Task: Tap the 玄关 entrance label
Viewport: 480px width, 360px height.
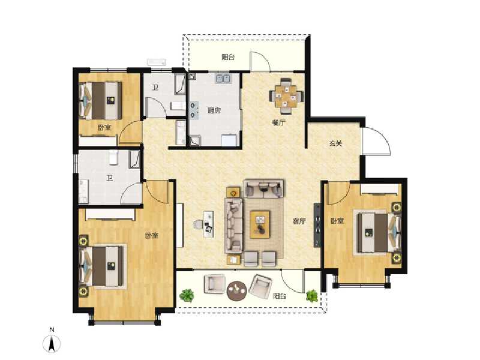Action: pyautogui.click(x=335, y=144)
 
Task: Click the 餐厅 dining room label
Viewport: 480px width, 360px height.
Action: pyautogui.click(x=278, y=122)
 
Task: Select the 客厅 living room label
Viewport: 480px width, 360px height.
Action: pyautogui.click(x=299, y=221)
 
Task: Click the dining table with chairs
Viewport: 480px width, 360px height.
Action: pyautogui.click(x=285, y=96)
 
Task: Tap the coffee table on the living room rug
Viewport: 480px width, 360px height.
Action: pyautogui.click(x=260, y=224)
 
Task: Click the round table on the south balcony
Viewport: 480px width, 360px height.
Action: pyautogui.click(x=237, y=290)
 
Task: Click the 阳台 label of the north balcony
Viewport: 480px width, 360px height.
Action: pyautogui.click(x=227, y=58)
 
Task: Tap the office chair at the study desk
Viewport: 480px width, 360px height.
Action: pyautogui.click(x=199, y=225)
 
